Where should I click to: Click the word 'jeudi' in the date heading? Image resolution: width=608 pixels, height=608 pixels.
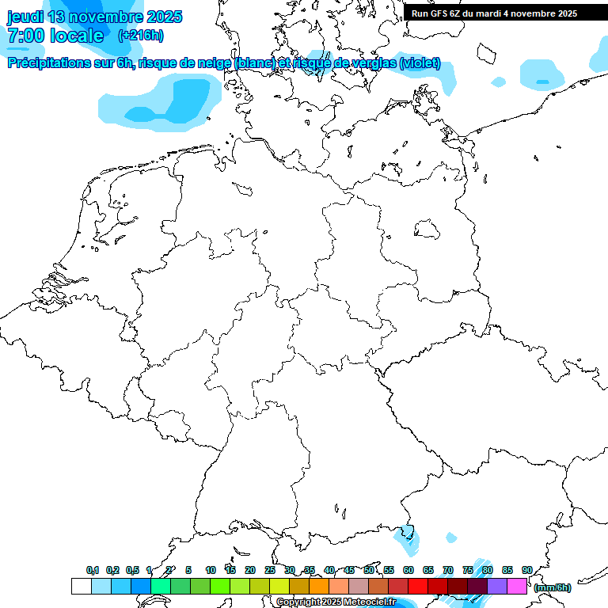coord(25,17)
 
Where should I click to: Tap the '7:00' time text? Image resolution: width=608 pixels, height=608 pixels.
coord(25,36)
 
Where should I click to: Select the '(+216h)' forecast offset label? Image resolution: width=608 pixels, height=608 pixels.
coord(141,36)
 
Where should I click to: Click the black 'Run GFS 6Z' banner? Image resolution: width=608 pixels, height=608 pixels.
coord(494,13)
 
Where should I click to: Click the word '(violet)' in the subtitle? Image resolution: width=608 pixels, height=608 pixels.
coord(420,63)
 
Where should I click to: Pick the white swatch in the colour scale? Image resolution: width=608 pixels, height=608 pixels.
coord(81,586)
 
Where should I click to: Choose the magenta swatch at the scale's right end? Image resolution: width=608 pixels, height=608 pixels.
coord(517,586)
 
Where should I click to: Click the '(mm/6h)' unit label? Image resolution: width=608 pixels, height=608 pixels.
coord(552,587)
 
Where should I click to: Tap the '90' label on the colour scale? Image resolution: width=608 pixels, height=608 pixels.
coord(527,570)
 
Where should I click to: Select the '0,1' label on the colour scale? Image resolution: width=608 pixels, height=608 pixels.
coord(93,570)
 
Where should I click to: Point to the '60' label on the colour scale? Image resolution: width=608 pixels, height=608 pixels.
coord(408,570)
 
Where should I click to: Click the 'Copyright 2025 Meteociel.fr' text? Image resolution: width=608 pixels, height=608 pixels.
coord(336,602)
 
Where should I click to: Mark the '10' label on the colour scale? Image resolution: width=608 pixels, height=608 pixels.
coord(211,570)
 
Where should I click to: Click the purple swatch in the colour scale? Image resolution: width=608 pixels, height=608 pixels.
coord(497,586)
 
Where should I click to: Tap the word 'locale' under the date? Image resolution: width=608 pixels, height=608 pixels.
coord(76,36)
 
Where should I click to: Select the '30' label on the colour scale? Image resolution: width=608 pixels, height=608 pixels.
coord(290,570)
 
